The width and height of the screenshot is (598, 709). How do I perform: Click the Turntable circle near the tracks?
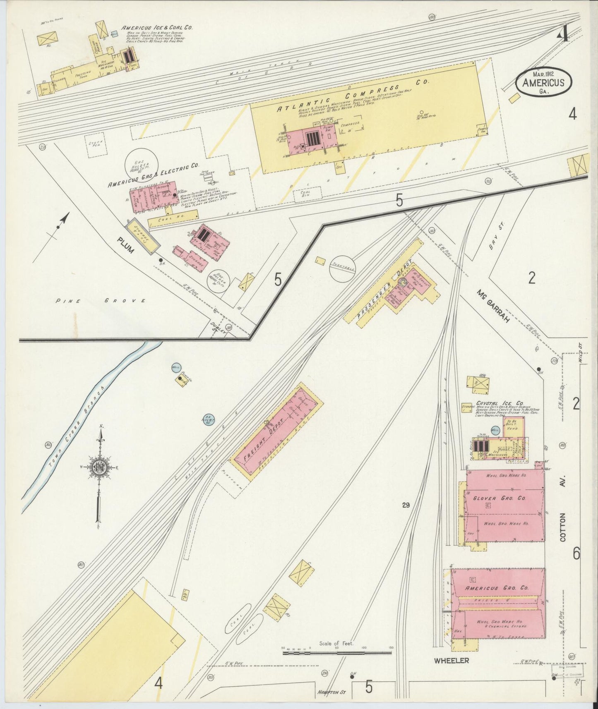(x=342, y=268)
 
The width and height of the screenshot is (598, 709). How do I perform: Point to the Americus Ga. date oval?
(x=543, y=82)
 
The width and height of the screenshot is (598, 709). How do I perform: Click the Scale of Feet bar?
(x=337, y=653)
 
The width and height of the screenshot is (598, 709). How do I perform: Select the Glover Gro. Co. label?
(x=499, y=498)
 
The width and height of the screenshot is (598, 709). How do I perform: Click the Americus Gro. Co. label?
(x=497, y=588)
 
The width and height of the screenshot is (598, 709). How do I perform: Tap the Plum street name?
(x=125, y=245)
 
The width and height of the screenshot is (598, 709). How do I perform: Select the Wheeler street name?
(x=452, y=661)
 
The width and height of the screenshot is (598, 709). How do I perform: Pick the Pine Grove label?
(x=101, y=301)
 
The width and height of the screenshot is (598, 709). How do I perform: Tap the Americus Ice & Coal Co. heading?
(x=157, y=28)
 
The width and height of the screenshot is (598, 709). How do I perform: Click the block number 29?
(x=405, y=505)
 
